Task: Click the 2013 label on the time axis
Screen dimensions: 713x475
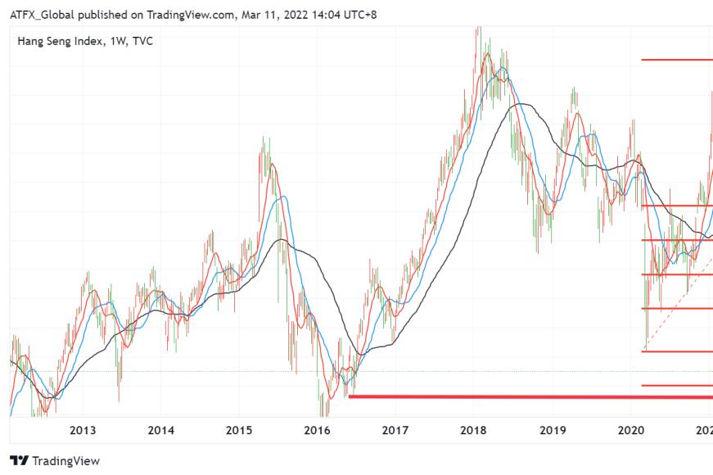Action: pos(83,431)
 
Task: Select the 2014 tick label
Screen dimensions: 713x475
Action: pos(161,431)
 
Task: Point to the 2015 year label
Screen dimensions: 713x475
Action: pos(239,431)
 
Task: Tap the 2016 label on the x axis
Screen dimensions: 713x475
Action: pos(318,431)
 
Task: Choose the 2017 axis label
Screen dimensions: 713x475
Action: pos(395,431)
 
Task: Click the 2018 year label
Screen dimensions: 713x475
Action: pos(473,431)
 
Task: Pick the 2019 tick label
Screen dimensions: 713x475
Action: pos(553,431)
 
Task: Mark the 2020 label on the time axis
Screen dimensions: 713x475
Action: pos(631,431)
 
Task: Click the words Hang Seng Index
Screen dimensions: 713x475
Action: pos(60,42)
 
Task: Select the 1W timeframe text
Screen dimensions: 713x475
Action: pos(118,42)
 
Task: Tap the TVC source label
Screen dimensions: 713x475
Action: pos(142,42)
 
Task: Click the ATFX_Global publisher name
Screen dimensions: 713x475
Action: pos(42,15)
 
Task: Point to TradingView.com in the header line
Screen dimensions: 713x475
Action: pos(191,15)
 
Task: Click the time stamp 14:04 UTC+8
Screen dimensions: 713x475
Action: pos(345,15)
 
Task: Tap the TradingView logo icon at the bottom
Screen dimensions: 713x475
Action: pos(19,461)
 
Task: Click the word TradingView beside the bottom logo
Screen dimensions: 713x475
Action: pos(66,461)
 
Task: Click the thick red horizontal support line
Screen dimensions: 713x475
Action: pos(530,396)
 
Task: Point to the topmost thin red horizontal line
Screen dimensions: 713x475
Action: pos(677,60)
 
